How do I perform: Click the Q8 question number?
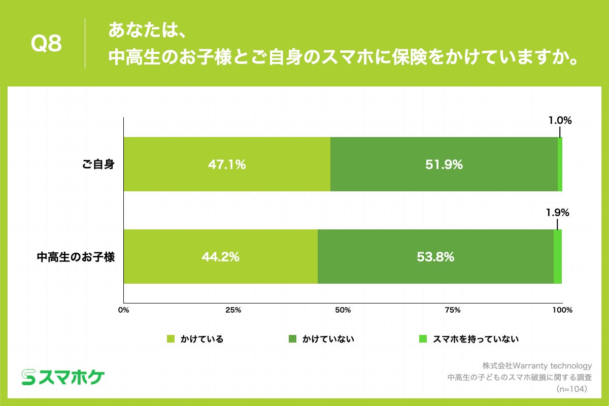tap(46, 44)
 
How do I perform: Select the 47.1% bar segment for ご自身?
tap(227, 164)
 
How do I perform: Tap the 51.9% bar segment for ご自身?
tap(444, 164)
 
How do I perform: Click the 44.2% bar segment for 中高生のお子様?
tap(220, 257)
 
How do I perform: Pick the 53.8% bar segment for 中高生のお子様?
tap(435, 257)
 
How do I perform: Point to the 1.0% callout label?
tap(560, 121)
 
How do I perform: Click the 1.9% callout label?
tap(557, 213)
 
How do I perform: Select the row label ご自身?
tap(99, 164)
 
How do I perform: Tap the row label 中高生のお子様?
tap(76, 257)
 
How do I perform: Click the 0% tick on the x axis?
tap(124, 310)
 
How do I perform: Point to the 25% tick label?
tap(233, 310)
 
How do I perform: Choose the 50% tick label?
tap(343, 310)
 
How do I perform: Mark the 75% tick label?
tap(452, 310)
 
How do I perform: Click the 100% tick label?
tap(561, 310)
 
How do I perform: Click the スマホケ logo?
tap(63, 376)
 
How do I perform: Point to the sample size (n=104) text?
tap(571, 389)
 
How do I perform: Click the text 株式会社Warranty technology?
tap(537, 365)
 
